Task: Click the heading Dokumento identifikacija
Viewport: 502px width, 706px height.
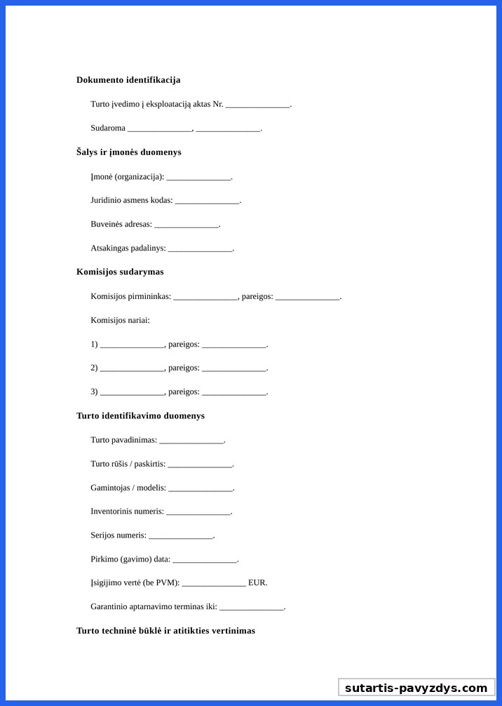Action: (128, 80)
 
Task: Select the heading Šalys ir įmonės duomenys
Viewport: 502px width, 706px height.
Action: (129, 152)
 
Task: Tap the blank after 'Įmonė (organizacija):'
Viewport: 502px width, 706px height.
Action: (198, 177)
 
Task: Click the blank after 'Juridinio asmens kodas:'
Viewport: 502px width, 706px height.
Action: (207, 201)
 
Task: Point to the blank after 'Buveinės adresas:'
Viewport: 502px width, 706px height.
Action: (186, 225)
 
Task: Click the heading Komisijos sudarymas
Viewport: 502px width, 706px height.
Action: (120, 272)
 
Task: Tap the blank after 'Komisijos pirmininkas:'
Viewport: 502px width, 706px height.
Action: (205, 297)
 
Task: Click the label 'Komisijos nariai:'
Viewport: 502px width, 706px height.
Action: (120, 321)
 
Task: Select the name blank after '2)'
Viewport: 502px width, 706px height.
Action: (132, 368)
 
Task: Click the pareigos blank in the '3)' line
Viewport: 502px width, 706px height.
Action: (233, 392)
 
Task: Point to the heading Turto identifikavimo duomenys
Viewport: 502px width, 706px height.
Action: (140, 415)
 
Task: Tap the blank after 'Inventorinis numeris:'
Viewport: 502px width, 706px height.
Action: (198, 512)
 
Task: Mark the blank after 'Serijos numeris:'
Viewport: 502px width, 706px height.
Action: (181, 536)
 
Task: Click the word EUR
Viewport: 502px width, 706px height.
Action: (257, 582)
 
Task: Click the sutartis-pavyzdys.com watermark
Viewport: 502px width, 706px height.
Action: (416, 688)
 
